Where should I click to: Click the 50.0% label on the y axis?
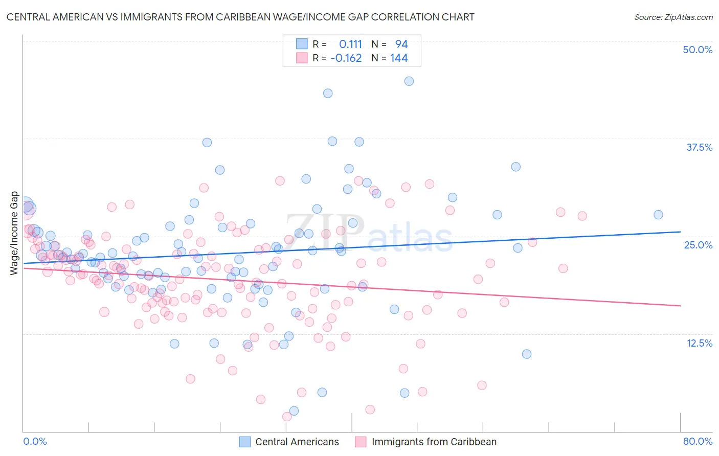(x=698, y=50)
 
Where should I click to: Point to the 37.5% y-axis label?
(x=699, y=147)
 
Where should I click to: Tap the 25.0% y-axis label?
(x=698, y=245)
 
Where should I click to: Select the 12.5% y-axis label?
(x=699, y=343)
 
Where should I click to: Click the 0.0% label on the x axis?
(x=35, y=441)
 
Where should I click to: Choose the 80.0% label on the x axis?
(x=698, y=441)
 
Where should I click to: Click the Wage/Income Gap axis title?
(x=14, y=233)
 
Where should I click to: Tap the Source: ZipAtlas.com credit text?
(x=673, y=17)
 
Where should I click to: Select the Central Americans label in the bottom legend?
(x=297, y=442)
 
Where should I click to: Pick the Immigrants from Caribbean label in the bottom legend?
(x=434, y=442)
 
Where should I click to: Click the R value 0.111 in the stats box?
(x=350, y=44)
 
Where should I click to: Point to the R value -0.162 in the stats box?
(x=346, y=58)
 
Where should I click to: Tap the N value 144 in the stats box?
(x=399, y=58)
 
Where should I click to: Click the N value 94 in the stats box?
(x=401, y=44)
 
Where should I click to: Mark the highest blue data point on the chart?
(x=409, y=81)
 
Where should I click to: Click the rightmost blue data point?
(x=658, y=215)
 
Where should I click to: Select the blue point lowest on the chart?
(x=294, y=411)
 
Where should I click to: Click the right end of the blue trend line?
(x=680, y=232)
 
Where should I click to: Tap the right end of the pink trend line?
(x=680, y=306)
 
